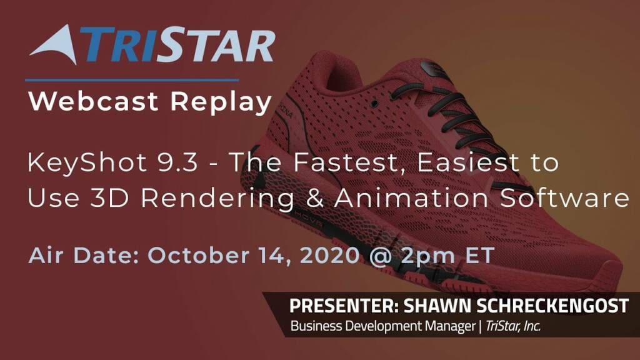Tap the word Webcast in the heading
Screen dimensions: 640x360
click(x=93, y=101)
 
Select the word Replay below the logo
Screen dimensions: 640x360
click(x=221, y=102)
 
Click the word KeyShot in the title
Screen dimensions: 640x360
click(x=87, y=163)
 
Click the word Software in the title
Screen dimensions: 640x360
click(x=565, y=198)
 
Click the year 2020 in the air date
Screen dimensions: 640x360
click(x=329, y=256)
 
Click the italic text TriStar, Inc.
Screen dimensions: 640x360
click(x=513, y=326)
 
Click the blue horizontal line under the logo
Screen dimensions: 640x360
click(x=132, y=81)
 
